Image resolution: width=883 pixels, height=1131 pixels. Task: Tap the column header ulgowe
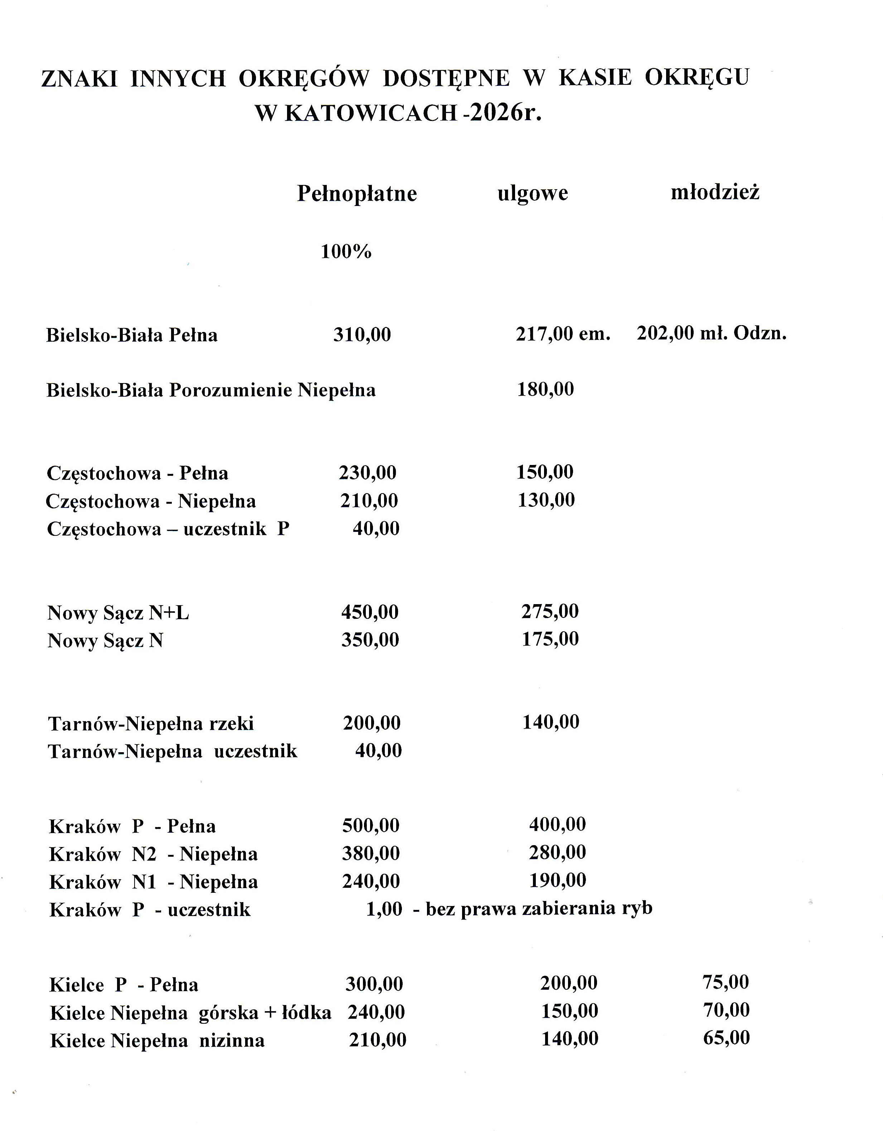click(x=533, y=193)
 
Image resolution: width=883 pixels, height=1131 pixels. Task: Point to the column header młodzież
click(x=715, y=192)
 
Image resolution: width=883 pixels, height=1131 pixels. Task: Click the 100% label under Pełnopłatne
click(x=346, y=252)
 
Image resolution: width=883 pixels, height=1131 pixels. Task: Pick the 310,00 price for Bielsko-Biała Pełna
click(x=362, y=334)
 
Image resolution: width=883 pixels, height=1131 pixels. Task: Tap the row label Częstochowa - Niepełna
click(x=151, y=501)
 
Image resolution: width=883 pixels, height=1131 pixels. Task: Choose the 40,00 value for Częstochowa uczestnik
click(x=376, y=529)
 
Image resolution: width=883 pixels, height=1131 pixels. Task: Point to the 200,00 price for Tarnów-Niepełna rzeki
click(x=372, y=723)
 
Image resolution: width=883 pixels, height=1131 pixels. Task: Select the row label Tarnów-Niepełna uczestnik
click(x=173, y=751)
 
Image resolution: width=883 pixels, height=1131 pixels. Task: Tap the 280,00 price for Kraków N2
click(x=557, y=852)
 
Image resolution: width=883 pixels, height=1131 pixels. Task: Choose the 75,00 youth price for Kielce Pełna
click(x=726, y=982)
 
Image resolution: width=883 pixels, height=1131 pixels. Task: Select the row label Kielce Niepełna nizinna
click(x=157, y=1041)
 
